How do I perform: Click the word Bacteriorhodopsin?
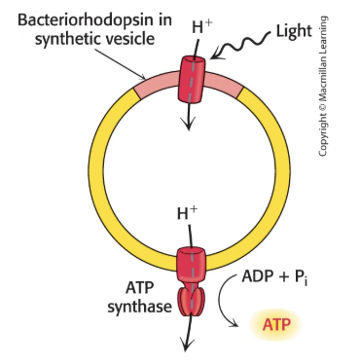77,18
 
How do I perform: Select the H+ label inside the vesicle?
189,211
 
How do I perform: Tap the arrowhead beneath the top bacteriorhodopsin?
189,126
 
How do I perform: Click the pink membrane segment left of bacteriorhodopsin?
152,85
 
